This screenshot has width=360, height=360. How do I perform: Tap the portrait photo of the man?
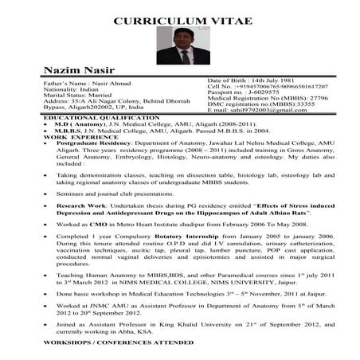[179, 46]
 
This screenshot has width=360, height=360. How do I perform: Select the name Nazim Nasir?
[55, 70]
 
